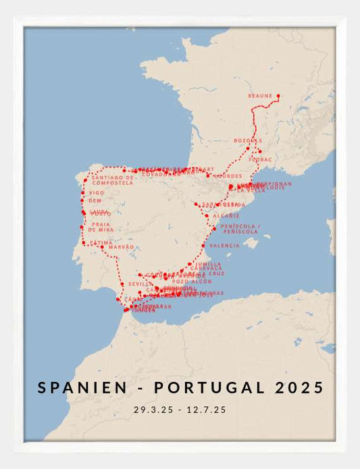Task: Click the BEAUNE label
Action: pos(259,96)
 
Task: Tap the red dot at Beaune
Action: pos(278,96)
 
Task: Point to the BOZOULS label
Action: pos(247,140)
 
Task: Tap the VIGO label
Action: pos(97,192)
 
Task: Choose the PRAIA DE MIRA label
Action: pos(102,227)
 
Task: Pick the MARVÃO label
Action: pos(122,248)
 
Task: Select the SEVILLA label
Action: pos(140,284)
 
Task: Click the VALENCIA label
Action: pos(224,246)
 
